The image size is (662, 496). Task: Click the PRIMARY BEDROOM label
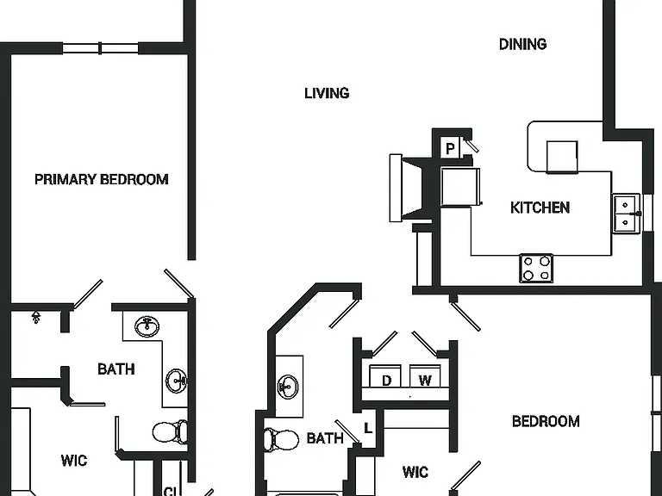pos(102,179)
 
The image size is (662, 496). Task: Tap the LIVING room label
pos(327,93)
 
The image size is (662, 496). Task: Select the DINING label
pos(522,44)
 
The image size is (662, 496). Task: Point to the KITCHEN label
pos(540,208)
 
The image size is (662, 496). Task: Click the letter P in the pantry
pos(450,148)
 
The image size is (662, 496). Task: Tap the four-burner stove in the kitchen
pos(536,269)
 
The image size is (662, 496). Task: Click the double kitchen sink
pos(627,213)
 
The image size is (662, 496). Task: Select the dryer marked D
pos(385,376)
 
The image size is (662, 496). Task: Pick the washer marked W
pos(425,376)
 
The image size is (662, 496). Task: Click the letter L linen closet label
pos(368,429)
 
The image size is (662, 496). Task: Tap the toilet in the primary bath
pos(170,432)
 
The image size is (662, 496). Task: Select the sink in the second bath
pos(289,387)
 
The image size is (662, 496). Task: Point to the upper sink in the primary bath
pos(147,327)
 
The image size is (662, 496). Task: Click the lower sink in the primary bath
pos(176,381)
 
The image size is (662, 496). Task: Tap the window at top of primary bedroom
pos(101,48)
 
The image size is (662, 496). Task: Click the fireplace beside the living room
pos(406,188)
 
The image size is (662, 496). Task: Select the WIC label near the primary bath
pos(74,460)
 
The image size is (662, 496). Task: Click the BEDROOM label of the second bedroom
pos(546,421)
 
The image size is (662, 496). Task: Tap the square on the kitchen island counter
pos(562,157)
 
